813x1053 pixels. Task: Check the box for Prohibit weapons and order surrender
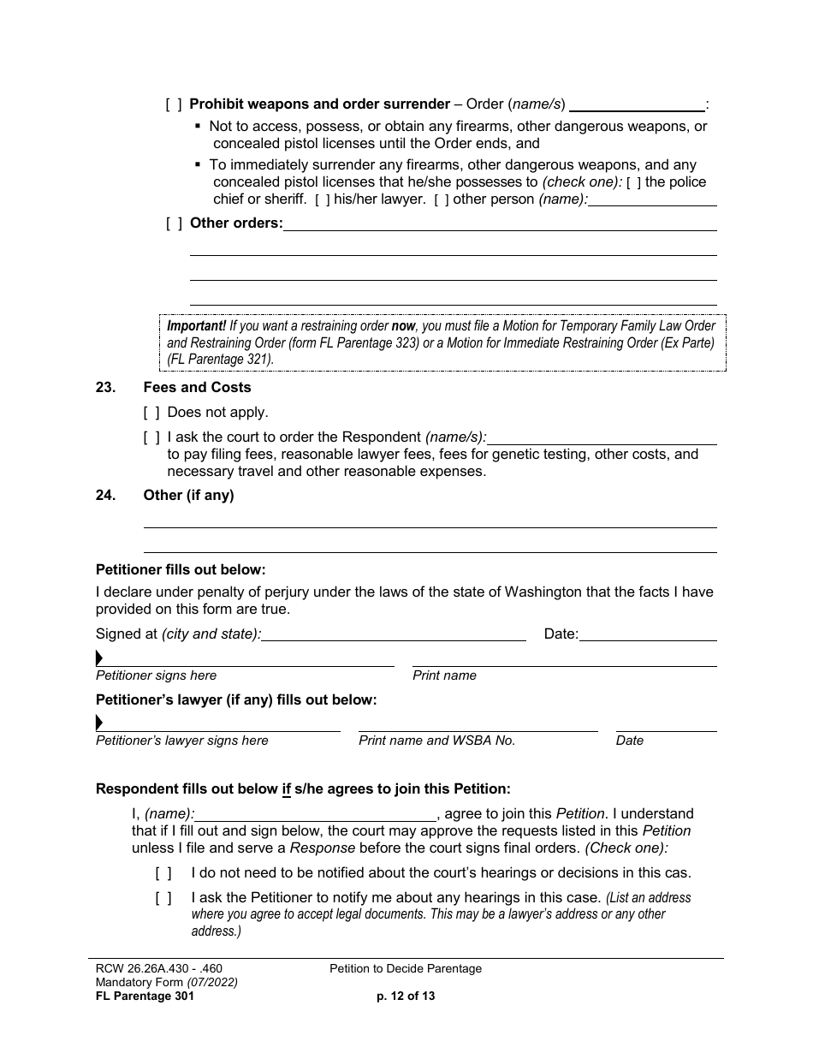click(x=174, y=104)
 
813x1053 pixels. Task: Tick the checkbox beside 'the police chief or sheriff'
click(x=632, y=182)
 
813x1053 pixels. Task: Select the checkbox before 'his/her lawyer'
click(x=322, y=199)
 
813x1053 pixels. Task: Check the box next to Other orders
click(x=174, y=223)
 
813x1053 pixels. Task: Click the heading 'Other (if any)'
click(x=188, y=495)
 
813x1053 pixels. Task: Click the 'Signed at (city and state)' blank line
click(x=394, y=634)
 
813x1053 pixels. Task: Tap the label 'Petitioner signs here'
click(x=156, y=675)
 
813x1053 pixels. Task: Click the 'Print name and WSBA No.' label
click(x=436, y=741)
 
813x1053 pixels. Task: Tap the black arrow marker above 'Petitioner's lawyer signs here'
click(x=99, y=723)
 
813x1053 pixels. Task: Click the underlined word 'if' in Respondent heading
click(x=287, y=788)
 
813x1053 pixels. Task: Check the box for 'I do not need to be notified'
click(x=163, y=873)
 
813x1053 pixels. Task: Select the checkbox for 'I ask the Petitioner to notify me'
click(x=163, y=898)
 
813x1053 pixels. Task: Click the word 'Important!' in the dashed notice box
click(x=196, y=326)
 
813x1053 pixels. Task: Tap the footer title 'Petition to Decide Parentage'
click(x=406, y=969)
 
